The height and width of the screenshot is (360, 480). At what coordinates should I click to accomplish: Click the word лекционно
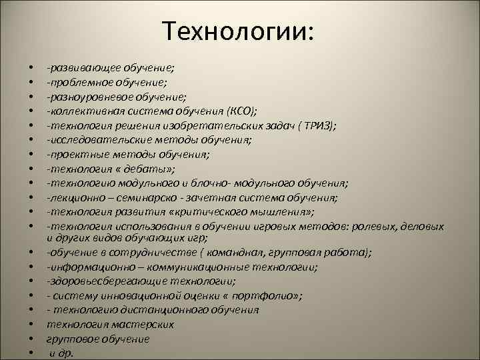point(73,198)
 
